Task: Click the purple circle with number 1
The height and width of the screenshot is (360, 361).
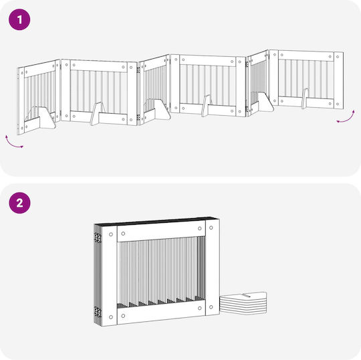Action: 19,19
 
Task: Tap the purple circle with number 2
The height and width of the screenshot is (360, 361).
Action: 19,203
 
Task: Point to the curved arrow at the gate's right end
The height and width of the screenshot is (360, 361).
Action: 346,118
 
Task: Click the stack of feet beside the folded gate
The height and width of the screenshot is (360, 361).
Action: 243,302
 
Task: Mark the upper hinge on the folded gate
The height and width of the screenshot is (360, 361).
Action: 98,238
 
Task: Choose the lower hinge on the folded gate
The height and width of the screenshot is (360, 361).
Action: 98,312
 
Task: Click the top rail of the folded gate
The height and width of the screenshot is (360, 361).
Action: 161,231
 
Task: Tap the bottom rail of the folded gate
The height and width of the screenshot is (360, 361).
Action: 161,312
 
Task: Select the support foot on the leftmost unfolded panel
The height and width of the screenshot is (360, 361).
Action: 47,118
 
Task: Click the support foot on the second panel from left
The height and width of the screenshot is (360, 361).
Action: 96,114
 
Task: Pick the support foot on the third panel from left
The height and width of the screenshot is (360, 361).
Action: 162,110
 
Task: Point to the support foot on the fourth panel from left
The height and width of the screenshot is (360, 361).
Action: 206,106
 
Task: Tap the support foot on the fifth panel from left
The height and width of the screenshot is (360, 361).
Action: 265,102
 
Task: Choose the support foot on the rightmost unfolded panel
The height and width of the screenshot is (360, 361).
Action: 306,98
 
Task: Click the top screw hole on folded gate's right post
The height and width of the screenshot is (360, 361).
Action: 211,228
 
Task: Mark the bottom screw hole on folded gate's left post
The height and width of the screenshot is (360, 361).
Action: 111,317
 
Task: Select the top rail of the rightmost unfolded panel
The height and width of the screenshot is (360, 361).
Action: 306,56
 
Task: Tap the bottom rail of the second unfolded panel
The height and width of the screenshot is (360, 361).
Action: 99,118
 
